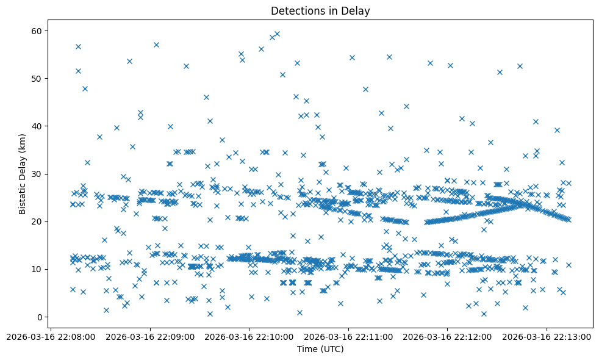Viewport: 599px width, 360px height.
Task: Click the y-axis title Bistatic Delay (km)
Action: [x=23, y=174]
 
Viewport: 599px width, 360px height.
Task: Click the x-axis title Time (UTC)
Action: [x=320, y=349]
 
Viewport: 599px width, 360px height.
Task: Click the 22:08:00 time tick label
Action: [x=51, y=336]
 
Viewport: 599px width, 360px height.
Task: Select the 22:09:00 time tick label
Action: [x=150, y=336]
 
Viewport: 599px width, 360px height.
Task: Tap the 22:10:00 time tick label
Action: [x=249, y=336]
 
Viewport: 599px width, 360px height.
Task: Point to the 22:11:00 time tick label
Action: [x=348, y=336]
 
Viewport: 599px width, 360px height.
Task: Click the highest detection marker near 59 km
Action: [x=277, y=34]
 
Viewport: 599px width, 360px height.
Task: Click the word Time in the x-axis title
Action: [x=307, y=349]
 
